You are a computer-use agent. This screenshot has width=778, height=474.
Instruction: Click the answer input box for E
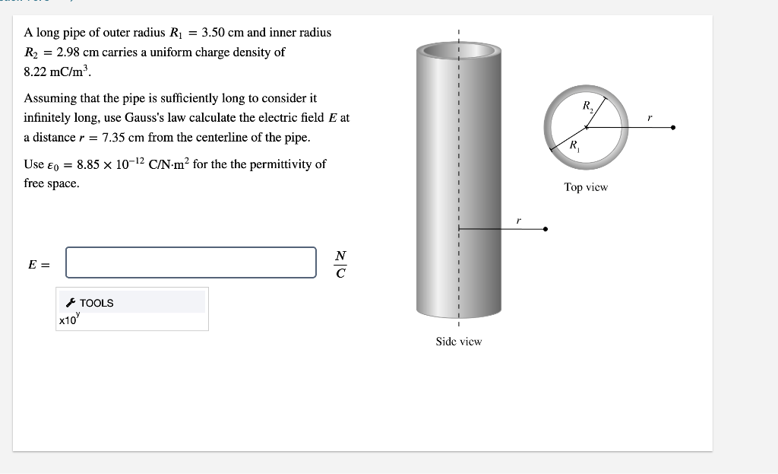[x=191, y=262]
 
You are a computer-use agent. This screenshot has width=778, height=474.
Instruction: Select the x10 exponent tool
[x=68, y=320]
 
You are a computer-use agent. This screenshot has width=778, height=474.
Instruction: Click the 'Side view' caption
[x=458, y=342]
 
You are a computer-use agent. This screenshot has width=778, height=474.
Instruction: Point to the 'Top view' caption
[x=586, y=187]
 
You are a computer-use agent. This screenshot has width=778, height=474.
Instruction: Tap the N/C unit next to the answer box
[x=340, y=263]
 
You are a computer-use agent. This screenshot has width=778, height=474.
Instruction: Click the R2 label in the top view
[x=587, y=107]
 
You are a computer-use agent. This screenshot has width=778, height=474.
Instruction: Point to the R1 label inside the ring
[x=574, y=145]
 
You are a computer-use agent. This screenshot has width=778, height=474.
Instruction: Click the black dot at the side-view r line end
[x=546, y=228]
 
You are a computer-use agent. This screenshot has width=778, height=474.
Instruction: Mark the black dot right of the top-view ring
[x=673, y=129]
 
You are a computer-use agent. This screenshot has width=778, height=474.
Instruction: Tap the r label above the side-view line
[x=518, y=219]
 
